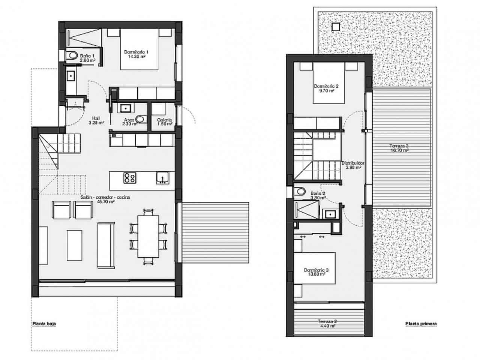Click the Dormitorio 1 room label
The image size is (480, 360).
pos(136,54)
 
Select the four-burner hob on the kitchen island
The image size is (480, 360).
pos(130,177)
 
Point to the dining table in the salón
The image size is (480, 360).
pos(148,235)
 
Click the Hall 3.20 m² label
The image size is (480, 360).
pos(96,120)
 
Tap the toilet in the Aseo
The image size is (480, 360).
pos(140,119)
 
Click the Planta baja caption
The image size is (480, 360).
pos(44,323)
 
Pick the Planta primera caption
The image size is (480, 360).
pos(421,323)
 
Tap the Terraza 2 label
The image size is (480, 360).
pos(327,323)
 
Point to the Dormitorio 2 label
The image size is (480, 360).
pos(326,88)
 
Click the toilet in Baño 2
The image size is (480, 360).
pos(300,192)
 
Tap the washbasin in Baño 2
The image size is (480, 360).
pos(330,214)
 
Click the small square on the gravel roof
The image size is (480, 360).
pos(336,27)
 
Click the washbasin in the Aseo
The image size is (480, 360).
pos(125,108)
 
